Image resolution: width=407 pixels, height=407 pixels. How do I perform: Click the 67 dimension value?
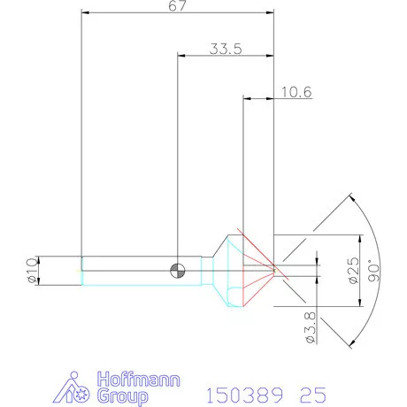(x=178, y=5)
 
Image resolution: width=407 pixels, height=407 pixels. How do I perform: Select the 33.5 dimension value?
(x=226, y=49)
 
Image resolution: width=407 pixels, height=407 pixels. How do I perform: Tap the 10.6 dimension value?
(x=296, y=92)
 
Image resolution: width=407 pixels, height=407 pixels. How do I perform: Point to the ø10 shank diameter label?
(x=33, y=271)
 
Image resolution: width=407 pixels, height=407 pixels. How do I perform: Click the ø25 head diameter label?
(x=354, y=271)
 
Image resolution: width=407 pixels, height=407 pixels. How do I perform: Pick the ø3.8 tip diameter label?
(x=311, y=327)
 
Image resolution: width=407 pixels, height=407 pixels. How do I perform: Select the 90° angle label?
(x=374, y=271)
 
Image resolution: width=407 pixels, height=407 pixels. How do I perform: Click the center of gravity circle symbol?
(x=178, y=271)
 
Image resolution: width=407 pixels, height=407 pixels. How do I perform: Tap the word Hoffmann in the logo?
(x=139, y=380)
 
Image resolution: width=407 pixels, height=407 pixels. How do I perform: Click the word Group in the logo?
(x=123, y=396)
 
